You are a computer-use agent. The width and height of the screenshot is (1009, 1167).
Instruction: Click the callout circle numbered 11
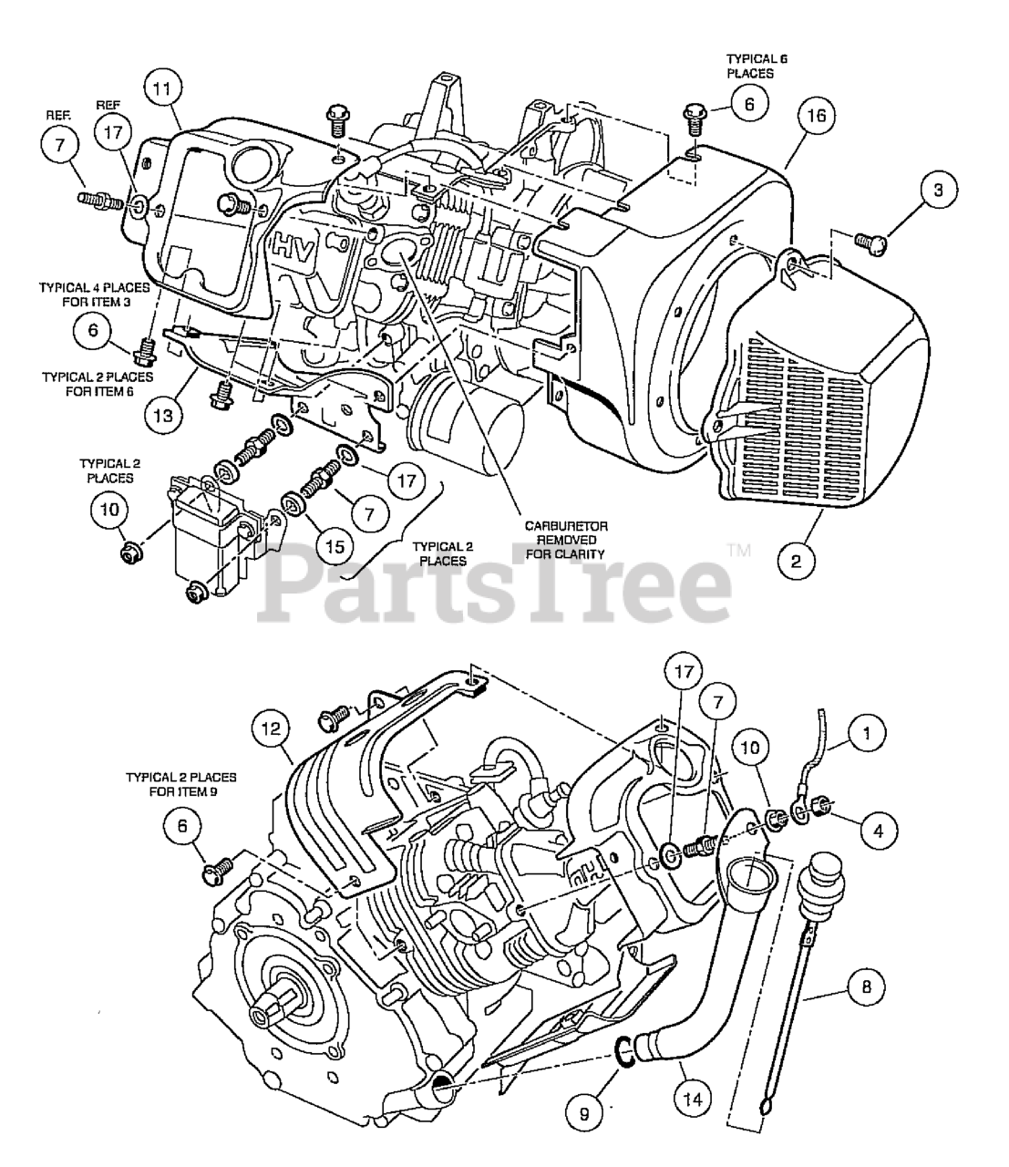(x=162, y=88)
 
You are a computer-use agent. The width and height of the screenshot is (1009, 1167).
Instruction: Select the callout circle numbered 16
(x=817, y=116)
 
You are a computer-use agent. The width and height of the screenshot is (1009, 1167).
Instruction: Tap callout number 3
(x=938, y=190)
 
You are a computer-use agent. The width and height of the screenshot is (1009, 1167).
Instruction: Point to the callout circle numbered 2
(x=796, y=561)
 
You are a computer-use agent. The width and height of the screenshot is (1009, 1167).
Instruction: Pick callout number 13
(x=162, y=416)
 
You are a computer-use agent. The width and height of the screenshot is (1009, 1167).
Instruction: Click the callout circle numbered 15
(x=335, y=546)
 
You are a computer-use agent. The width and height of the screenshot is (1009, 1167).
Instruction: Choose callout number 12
(x=271, y=728)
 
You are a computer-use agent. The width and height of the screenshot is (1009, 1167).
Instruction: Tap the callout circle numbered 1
(x=866, y=733)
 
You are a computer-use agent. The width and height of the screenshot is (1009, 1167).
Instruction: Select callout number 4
(x=878, y=830)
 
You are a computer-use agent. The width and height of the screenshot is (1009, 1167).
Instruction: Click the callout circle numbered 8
(x=866, y=986)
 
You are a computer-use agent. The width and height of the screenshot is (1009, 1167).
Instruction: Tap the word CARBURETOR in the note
(x=566, y=526)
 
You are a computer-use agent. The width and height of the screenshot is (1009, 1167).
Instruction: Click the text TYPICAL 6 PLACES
(x=757, y=66)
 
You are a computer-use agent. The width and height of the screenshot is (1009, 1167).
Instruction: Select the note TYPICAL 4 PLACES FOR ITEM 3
(x=95, y=294)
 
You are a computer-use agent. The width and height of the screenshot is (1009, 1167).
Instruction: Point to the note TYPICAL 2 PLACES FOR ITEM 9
(x=181, y=785)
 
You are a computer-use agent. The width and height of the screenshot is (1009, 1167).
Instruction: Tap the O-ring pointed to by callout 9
(x=624, y=1052)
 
